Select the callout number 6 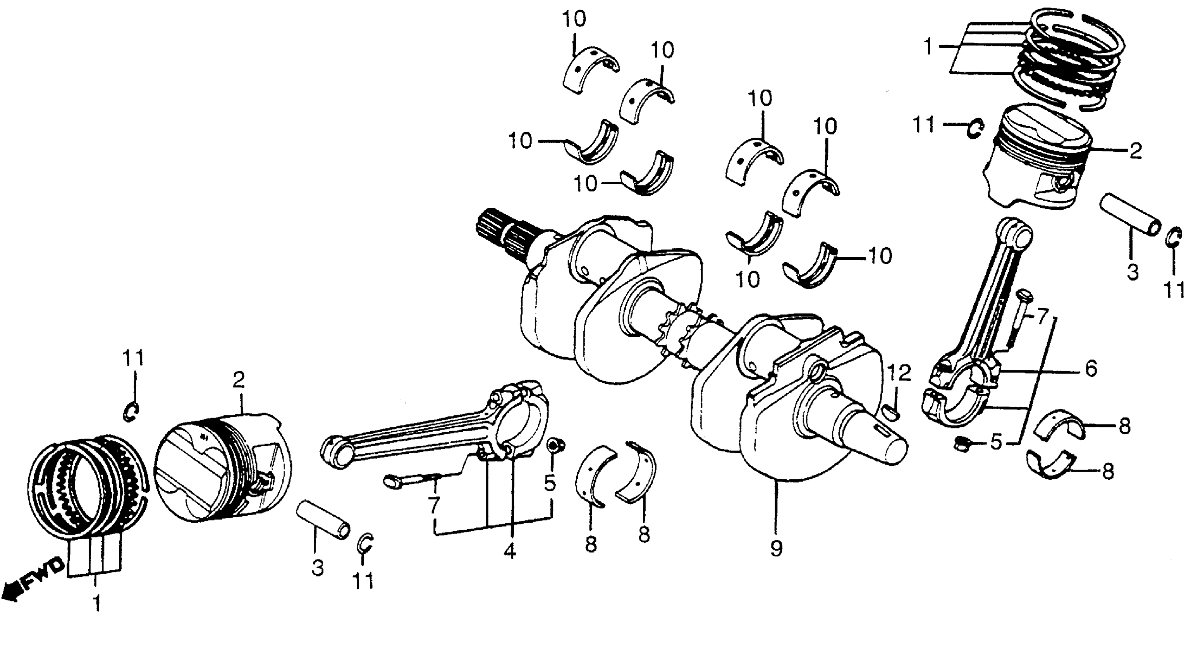coord(1091,369)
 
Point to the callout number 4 coord(509,551)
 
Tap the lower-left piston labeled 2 coord(222,467)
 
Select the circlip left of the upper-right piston coord(976,128)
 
